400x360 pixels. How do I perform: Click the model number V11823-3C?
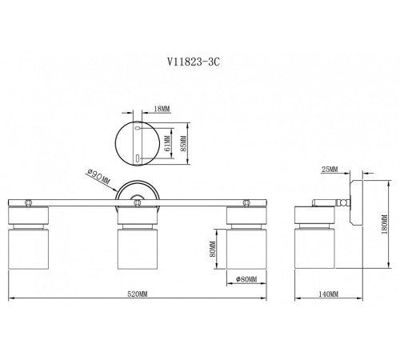coord(194,62)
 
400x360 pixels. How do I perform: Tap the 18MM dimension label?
coord(162,109)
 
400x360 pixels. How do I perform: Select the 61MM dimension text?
coord(167,143)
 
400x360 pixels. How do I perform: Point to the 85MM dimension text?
coord(183,144)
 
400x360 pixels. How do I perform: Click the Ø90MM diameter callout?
coord(98,177)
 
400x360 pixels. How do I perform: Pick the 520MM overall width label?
coord(138,294)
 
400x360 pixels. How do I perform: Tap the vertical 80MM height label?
coord(213,249)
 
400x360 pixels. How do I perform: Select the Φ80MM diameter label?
coord(246,279)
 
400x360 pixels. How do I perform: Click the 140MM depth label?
coord(329,294)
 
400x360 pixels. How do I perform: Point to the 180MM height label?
coord(385,225)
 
